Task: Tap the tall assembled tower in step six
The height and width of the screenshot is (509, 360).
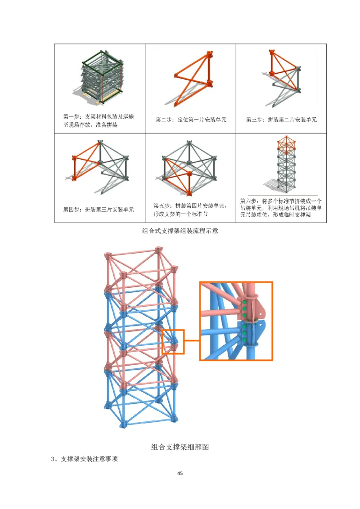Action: pyautogui.click(x=283, y=166)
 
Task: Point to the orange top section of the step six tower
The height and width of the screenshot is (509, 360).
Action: pyautogui.click(x=283, y=144)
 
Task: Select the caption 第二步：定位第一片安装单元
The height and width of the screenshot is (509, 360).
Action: pyautogui.click(x=190, y=120)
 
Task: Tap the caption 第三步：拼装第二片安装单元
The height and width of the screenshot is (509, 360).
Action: pyautogui.click(x=281, y=120)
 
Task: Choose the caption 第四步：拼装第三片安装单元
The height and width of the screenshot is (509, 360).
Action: pyautogui.click(x=98, y=209)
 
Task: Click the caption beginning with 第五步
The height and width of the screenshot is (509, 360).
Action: pyautogui.click(x=190, y=209)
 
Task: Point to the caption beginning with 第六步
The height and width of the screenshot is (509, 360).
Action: pyautogui.click(x=281, y=209)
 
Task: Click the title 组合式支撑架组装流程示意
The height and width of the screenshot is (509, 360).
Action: pyautogui.click(x=180, y=231)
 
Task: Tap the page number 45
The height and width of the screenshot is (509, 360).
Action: pyautogui.click(x=180, y=473)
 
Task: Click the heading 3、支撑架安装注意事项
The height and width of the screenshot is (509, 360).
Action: pyautogui.click(x=85, y=459)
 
